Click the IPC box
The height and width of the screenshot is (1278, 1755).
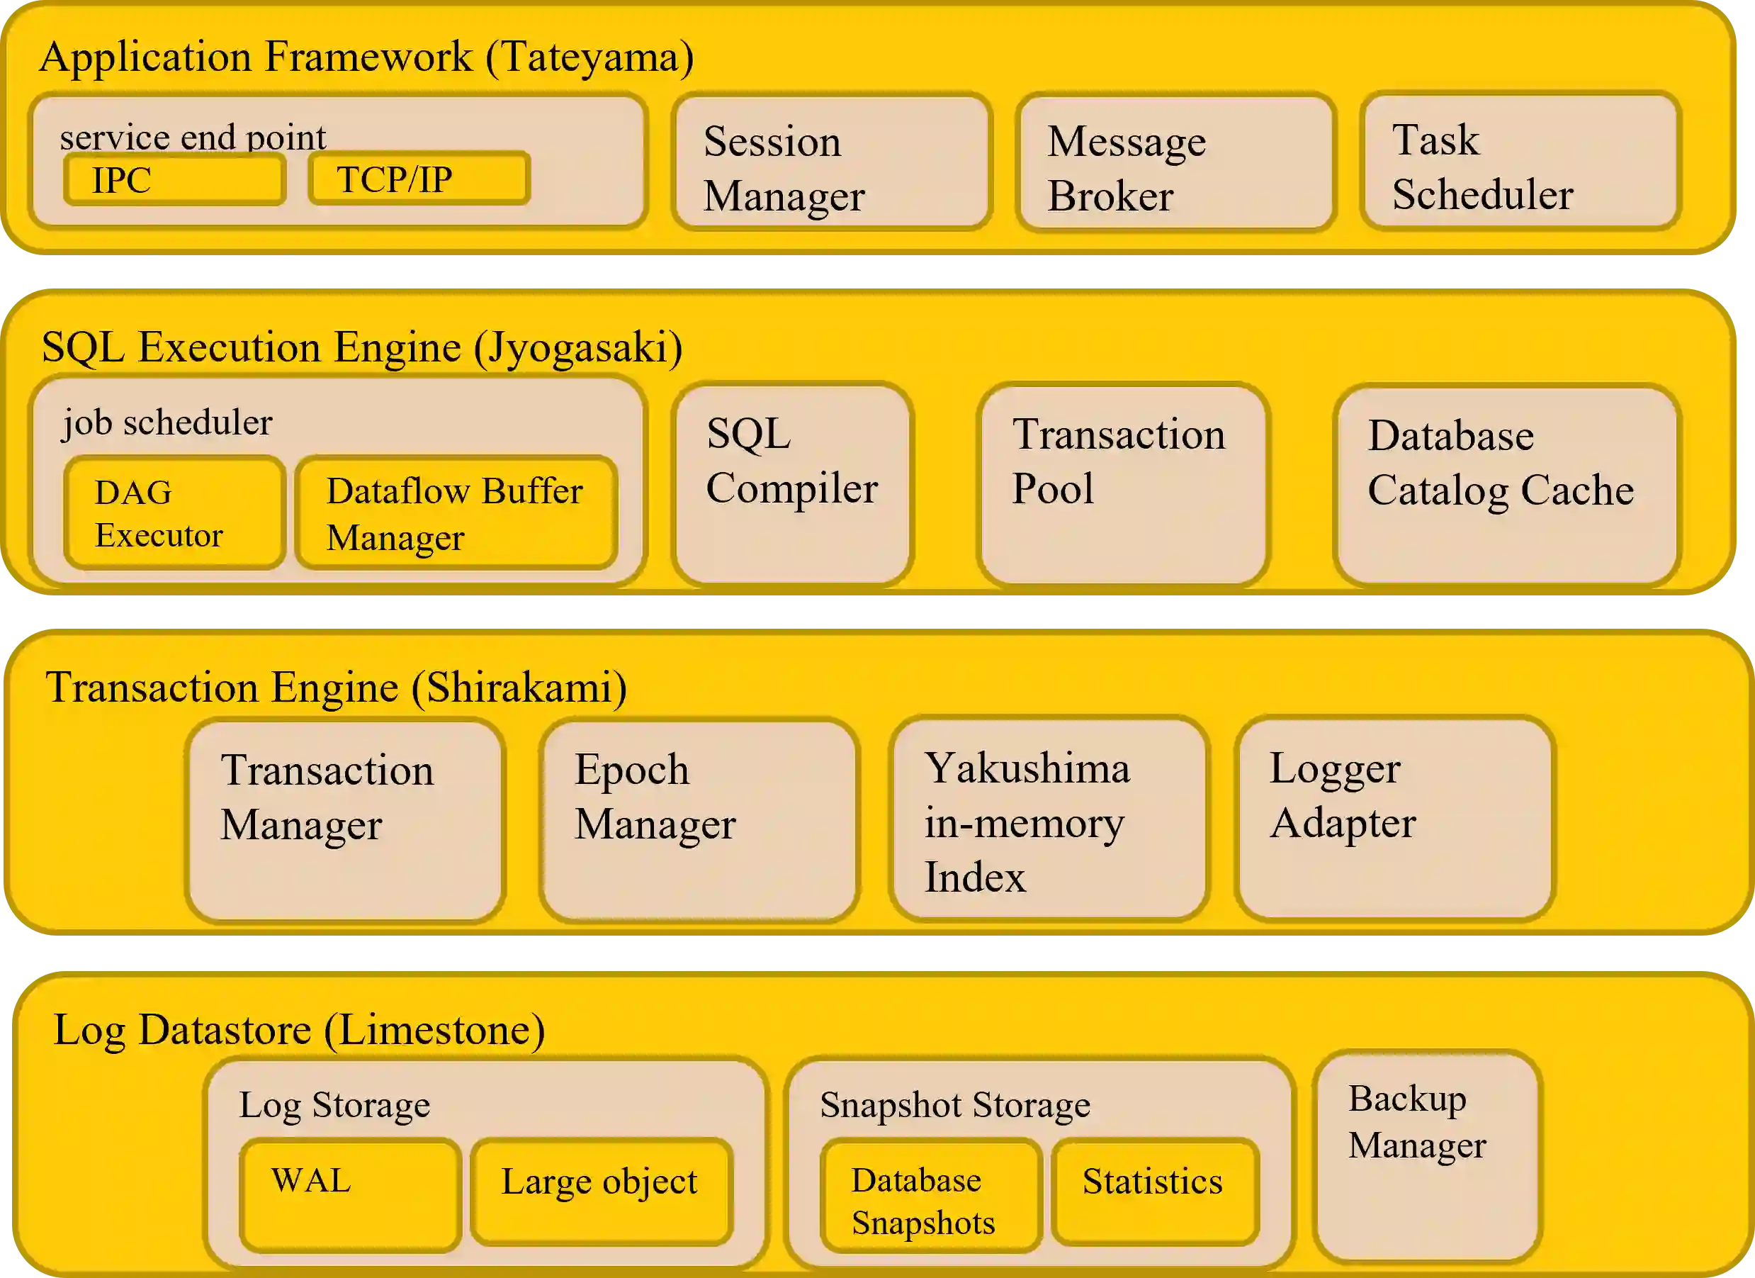(x=175, y=179)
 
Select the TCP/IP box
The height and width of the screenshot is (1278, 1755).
(x=419, y=179)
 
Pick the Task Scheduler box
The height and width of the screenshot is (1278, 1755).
(x=1520, y=162)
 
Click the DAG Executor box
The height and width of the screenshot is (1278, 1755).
(x=175, y=513)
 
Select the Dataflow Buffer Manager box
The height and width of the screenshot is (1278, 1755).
(x=456, y=513)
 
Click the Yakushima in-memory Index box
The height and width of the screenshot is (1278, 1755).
(x=1049, y=819)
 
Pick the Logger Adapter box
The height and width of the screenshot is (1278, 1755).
(x=1394, y=819)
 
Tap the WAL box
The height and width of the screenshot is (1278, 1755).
(x=350, y=1194)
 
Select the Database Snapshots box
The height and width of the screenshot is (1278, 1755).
(x=931, y=1194)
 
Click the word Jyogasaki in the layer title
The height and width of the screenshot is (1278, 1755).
(x=577, y=347)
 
